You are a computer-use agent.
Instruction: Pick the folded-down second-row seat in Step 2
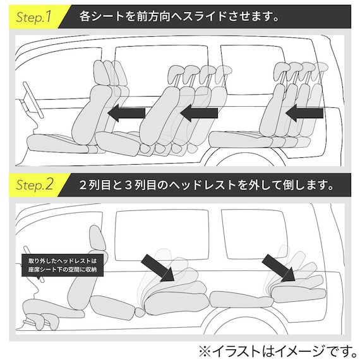click(171, 297)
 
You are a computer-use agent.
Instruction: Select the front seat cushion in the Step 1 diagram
click(60, 143)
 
